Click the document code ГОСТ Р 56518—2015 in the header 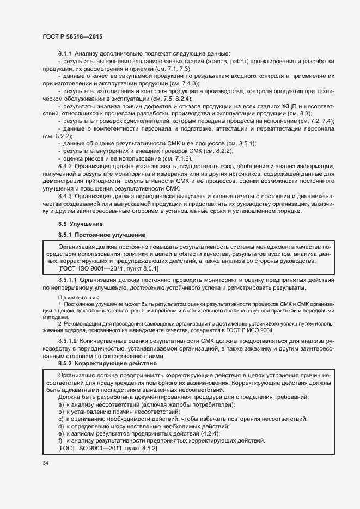point(72,36)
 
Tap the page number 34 point(46,463)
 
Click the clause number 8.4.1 point(65,53)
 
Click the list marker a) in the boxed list point(61,404)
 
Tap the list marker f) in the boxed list point(61,440)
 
